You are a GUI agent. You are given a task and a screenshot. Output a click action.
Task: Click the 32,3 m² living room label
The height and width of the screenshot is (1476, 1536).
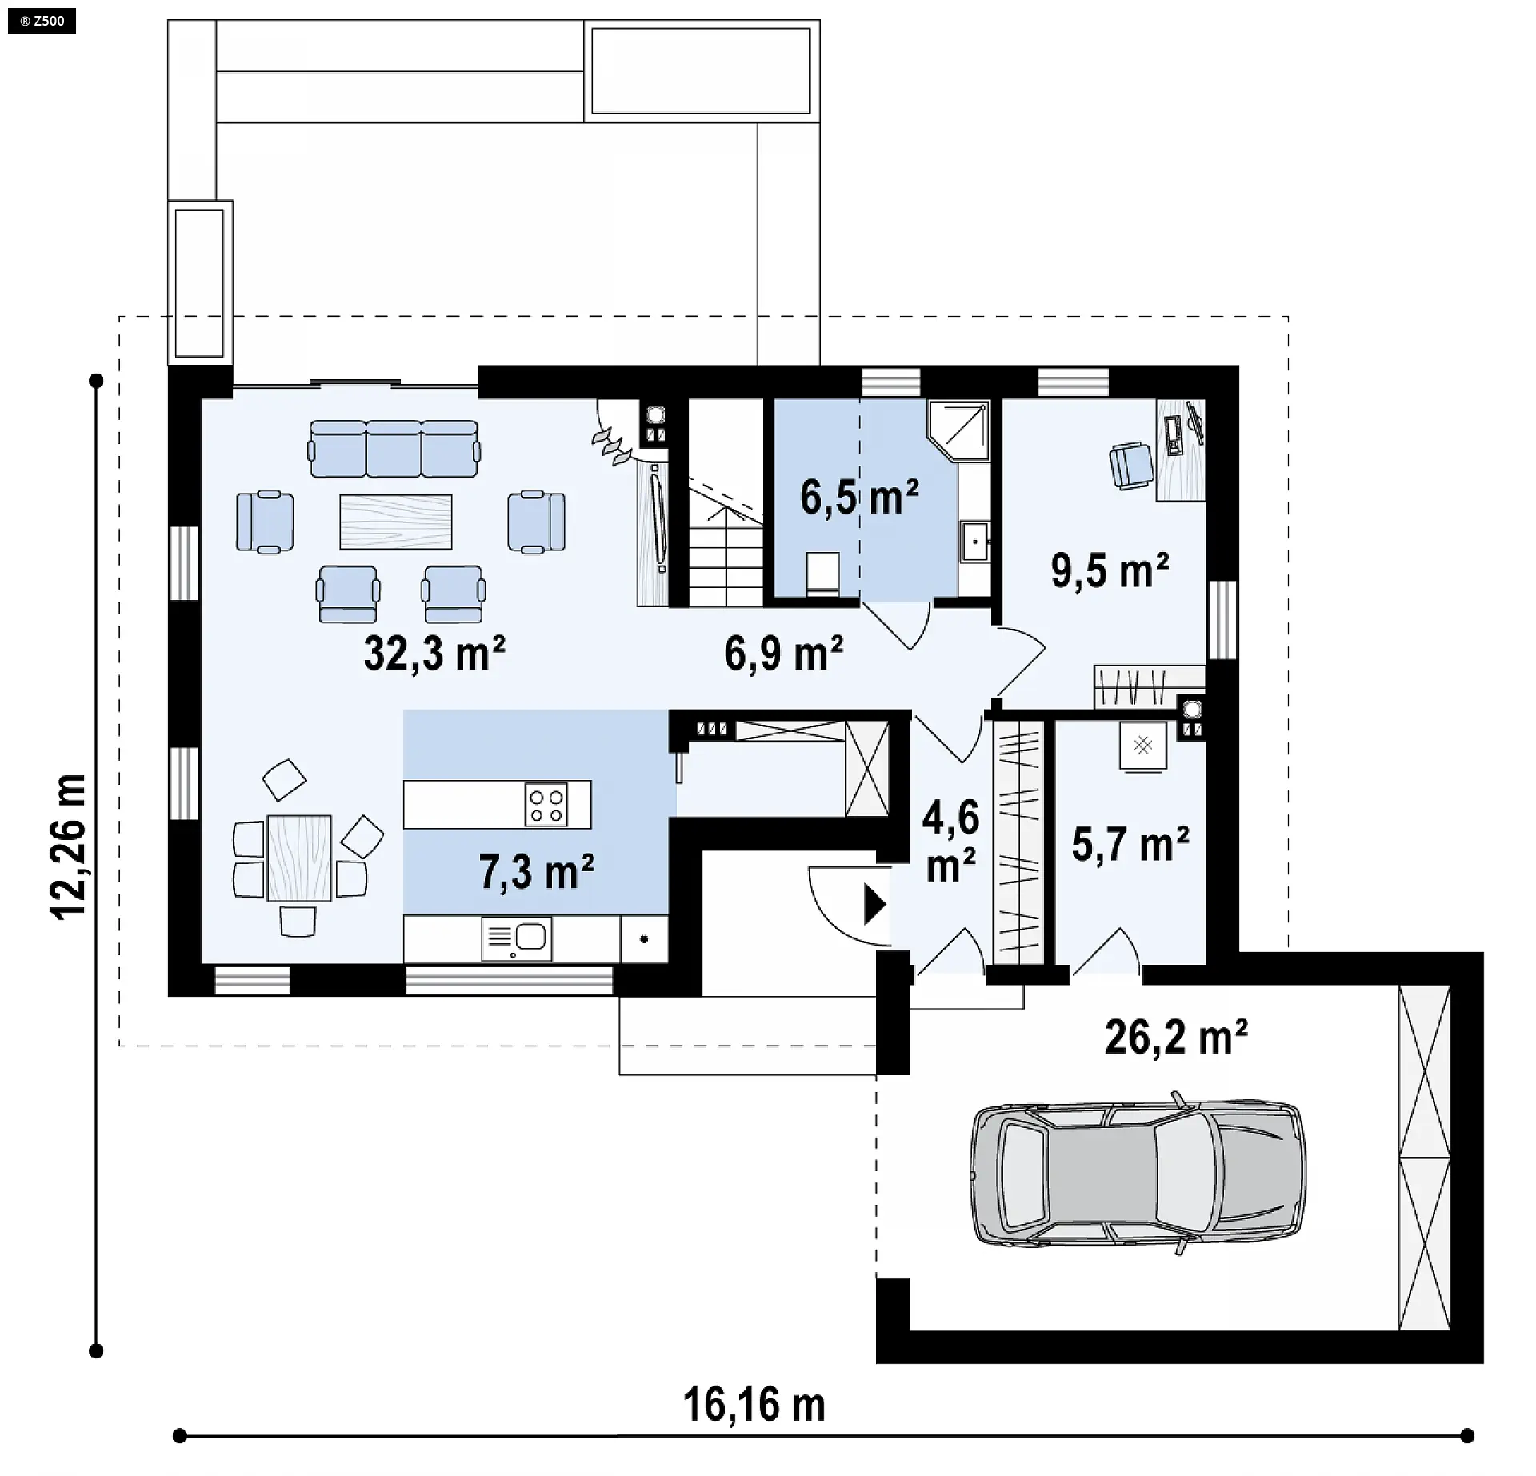click(434, 654)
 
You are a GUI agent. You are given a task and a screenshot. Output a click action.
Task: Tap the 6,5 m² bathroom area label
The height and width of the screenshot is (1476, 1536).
click(859, 498)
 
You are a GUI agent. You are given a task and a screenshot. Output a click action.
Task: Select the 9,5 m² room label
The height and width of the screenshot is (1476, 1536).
click(1110, 570)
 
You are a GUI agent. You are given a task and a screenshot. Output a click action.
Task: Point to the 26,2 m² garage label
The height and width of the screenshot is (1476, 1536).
click(1176, 1038)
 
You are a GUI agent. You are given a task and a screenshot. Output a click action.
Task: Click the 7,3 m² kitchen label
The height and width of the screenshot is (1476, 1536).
click(536, 871)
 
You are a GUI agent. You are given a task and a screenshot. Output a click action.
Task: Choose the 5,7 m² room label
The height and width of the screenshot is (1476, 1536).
click(1130, 845)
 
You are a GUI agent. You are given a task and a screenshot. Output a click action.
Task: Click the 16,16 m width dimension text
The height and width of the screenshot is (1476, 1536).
click(754, 1406)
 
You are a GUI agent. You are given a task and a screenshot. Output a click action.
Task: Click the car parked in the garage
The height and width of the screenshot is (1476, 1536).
click(1138, 1173)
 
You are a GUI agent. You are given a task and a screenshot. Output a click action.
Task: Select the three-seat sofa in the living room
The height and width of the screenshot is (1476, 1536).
click(394, 449)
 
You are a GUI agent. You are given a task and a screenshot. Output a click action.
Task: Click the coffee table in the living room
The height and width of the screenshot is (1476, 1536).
click(396, 522)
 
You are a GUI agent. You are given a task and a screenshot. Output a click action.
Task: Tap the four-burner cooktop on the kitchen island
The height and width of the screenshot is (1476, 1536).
click(546, 804)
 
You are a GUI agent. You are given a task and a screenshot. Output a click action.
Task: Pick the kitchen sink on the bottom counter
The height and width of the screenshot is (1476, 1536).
click(517, 938)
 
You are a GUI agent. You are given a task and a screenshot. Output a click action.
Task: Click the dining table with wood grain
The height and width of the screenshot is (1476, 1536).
click(299, 858)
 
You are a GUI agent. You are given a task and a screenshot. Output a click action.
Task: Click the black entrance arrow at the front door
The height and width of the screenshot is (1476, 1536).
click(875, 905)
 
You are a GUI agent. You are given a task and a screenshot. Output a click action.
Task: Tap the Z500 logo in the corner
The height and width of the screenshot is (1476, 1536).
click(42, 21)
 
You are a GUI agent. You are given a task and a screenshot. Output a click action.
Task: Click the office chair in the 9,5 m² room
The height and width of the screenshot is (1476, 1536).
click(1131, 465)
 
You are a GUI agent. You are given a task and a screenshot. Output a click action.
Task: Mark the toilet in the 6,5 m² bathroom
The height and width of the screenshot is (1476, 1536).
click(822, 574)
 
